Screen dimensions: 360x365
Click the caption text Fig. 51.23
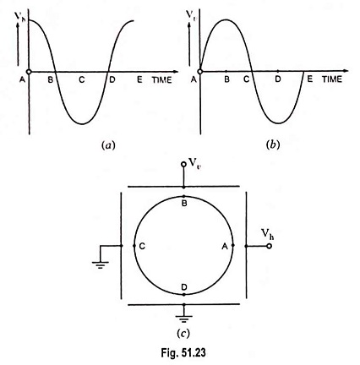[x=183, y=352]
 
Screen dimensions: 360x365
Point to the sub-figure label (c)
[x=183, y=334]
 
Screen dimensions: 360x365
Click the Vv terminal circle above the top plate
[x=183, y=164]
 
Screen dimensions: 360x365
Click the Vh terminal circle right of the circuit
[x=269, y=246]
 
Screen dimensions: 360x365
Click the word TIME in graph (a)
[x=162, y=80]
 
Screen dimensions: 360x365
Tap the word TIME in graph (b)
[x=332, y=79]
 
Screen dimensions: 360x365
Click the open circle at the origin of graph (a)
[x=29, y=72]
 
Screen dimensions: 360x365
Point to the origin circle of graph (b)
[x=200, y=72]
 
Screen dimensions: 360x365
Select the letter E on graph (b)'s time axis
[x=310, y=79]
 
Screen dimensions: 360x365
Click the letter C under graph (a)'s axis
[x=82, y=80]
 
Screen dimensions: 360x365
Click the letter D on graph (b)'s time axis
[x=278, y=79]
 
